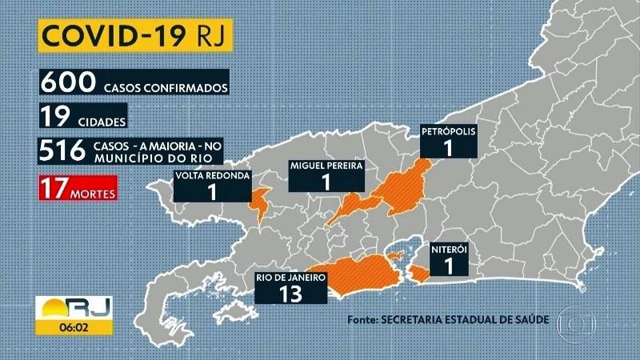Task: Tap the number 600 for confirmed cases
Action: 67,83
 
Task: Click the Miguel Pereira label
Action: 326,166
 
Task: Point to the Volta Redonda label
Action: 211,175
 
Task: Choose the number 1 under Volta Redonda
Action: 211,193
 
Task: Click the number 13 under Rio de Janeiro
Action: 293,294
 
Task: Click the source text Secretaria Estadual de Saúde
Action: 448,320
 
